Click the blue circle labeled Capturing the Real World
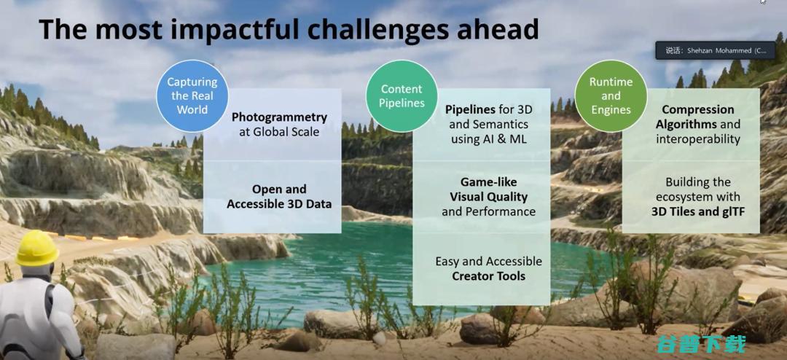(192, 96)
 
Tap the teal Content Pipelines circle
(402, 96)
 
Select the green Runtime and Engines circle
(611, 96)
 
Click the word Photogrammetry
(279, 117)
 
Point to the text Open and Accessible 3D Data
(279, 197)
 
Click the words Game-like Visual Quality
(488, 189)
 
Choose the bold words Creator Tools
(488, 276)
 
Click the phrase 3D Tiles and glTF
(697, 212)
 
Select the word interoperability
(698, 139)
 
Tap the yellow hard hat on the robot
(36, 248)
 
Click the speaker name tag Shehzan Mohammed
(715, 51)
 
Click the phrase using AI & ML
(488, 139)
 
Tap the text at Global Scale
(279, 133)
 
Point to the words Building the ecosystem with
(697, 189)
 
